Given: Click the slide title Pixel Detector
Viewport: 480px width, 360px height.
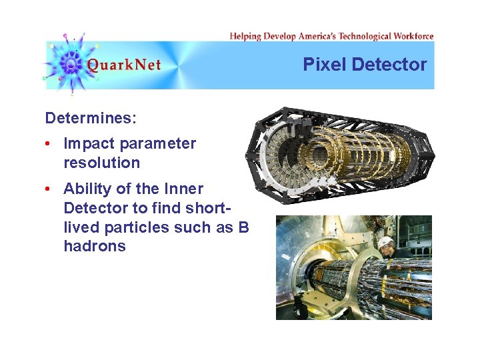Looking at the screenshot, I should coord(365,65).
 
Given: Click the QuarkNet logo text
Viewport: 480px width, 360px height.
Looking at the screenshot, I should coord(124,65).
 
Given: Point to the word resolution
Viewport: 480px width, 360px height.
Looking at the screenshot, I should coord(101,163).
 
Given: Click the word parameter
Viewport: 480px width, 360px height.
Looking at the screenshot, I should coord(158,143).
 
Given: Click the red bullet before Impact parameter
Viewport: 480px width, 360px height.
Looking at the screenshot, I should coord(49,144).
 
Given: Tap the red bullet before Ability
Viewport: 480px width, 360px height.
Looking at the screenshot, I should coord(49,189).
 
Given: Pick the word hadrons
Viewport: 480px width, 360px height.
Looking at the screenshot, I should coord(94,246).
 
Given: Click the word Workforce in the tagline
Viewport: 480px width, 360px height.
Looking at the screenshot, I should coord(413,36).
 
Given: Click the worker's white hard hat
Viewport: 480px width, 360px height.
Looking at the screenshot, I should coord(386,243).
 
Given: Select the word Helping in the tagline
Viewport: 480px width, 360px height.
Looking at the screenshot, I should coord(245,36).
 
